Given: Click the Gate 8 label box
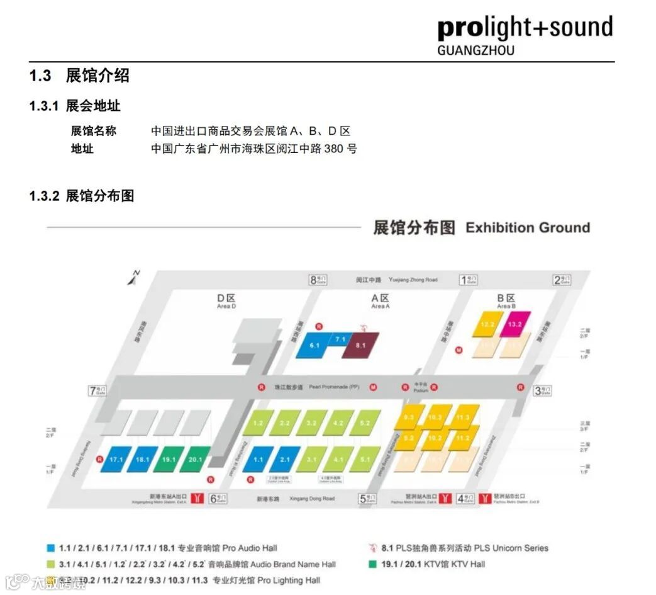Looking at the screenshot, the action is [318, 280].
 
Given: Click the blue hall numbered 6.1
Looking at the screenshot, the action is [314, 346].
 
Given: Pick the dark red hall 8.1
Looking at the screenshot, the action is [360, 346].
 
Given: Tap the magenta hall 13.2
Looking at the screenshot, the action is [514, 324].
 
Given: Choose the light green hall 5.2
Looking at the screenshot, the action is [365, 423].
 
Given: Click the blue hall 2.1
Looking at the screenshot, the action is [285, 460].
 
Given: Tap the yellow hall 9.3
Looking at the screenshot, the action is [409, 417].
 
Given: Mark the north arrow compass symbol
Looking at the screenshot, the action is [134, 278].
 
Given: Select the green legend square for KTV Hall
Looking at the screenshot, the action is [374, 564].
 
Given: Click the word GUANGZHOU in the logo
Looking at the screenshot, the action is [475, 50].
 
